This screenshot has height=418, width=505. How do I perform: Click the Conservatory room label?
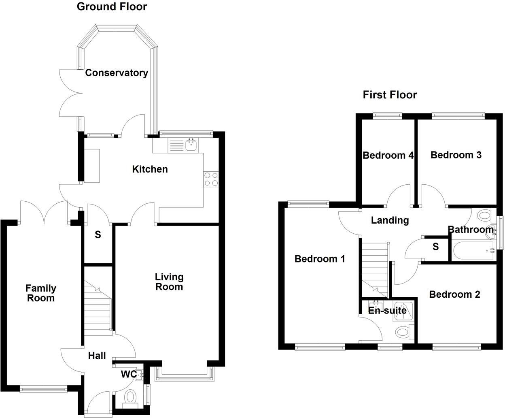pos(117,73)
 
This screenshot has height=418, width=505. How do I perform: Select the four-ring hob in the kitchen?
pos(211,179)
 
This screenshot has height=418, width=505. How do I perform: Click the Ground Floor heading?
pos(112,6)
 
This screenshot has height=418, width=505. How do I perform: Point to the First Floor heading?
pos(390,95)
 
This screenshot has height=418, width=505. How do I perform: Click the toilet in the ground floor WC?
pos(130,397)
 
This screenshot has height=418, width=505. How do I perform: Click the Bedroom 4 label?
pos(388,155)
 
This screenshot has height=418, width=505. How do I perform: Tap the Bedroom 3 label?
pos(456,155)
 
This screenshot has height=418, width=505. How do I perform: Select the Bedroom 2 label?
pos(454,294)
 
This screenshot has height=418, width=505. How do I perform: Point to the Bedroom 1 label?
pos(320,258)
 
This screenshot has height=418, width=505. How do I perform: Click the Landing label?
pos(390,220)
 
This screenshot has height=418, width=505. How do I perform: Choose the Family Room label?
pos(40,293)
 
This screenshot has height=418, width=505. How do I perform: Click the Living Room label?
pos(169,282)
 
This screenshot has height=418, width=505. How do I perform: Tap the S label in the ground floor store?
pos(98,235)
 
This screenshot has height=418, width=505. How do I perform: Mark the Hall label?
pos(97,356)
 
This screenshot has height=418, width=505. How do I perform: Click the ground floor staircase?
pos(98,310)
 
